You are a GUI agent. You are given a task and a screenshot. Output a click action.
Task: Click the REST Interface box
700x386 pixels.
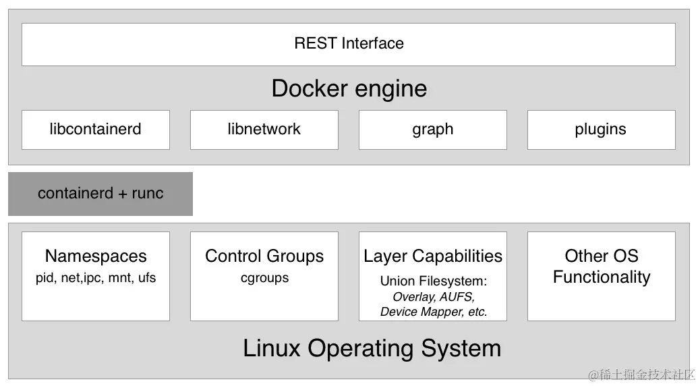pyautogui.click(x=349, y=44)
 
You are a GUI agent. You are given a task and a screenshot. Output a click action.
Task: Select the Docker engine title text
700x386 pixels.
pyautogui.click(x=349, y=88)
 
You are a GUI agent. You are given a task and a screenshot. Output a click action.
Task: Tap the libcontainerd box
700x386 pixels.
pyautogui.click(x=95, y=130)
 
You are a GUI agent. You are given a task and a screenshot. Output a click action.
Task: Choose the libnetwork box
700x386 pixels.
pyautogui.click(x=264, y=130)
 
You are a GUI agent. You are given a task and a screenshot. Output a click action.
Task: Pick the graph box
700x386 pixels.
pyautogui.click(x=432, y=130)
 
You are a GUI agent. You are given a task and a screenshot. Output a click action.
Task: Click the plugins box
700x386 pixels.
pyautogui.click(x=601, y=130)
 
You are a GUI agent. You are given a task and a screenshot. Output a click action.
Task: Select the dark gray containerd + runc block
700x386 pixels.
pyautogui.click(x=100, y=194)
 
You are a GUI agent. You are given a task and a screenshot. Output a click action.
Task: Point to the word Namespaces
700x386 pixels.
pyautogui.click(x=96, y=256)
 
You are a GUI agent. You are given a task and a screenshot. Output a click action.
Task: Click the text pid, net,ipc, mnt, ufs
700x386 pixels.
pyautogui.click(x=96, y=278)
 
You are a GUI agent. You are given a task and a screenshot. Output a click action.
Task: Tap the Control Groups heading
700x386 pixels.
pyautogui.click(x=264, y=256)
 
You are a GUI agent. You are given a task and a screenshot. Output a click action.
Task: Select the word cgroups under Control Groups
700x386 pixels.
pyautogui.click(x=264, y=278)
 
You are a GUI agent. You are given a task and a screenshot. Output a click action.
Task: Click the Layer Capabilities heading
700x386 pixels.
pyautogui.click(x=433, y=256)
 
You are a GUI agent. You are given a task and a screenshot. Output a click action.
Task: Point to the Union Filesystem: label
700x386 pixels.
pyautogui.click(x=433, y=281)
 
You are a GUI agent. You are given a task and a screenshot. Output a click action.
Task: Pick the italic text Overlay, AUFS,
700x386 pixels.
pyautogui.click(x=433, y=297)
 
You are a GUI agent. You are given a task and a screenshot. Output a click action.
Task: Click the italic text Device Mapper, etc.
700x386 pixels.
pyautogui.click(x=433, y=312)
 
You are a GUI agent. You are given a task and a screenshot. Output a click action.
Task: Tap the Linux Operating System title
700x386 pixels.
pyautogui.click(x=372, y=349)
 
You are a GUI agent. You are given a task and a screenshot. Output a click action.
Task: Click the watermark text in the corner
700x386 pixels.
pyautogui.click(x=641, y=375)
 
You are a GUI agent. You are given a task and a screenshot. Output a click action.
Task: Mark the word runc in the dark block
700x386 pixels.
pyautogui.click(x=148, y=194)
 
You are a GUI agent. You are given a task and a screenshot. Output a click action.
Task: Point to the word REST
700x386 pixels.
pyautogui.click(x=315, y=44)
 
